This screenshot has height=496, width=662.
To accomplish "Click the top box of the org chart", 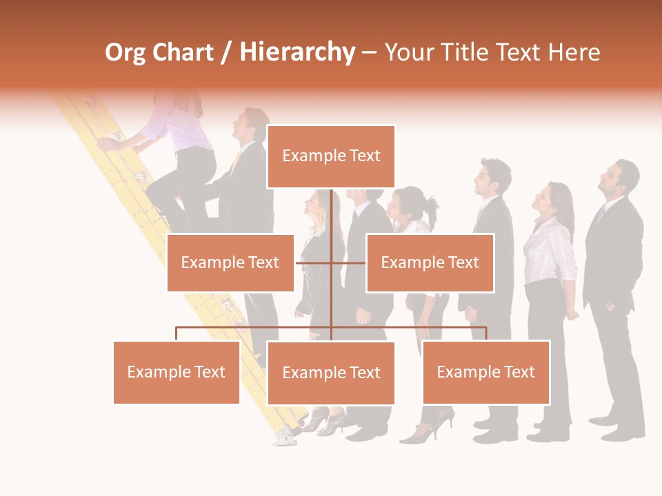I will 331,156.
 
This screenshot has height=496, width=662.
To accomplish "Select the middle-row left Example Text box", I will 230,262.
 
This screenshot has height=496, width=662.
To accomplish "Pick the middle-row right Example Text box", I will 430,262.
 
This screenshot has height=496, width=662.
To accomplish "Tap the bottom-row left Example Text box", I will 177,372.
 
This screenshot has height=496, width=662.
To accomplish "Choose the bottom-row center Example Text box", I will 331,373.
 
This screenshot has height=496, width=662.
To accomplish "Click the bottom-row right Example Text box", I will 486,372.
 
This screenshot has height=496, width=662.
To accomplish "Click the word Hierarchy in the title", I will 297,52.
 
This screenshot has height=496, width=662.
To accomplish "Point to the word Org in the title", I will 125,52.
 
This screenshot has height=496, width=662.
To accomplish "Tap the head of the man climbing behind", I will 252,124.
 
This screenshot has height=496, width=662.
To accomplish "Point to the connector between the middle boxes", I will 330,262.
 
